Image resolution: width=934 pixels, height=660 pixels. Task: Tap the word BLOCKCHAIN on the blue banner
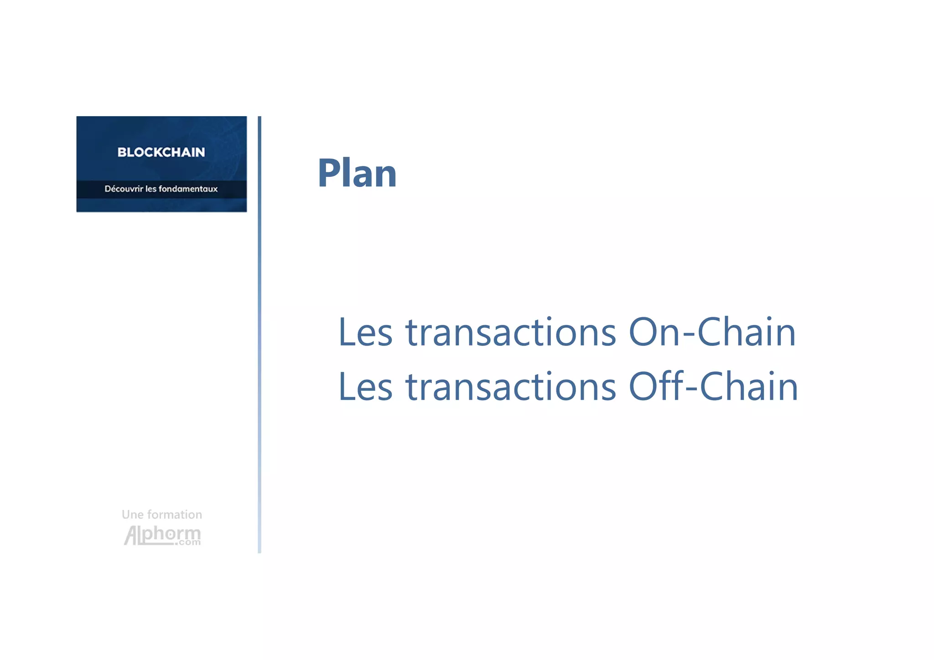coord(161,152)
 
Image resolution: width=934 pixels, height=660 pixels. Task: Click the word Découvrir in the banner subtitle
coord(124,189)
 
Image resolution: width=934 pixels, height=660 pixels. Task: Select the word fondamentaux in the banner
coord(188,189)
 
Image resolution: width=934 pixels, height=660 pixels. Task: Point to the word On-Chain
coord(712,332)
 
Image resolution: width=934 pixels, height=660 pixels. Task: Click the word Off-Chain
coord(713,387)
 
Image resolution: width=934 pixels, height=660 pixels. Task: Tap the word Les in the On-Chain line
coord(365,332)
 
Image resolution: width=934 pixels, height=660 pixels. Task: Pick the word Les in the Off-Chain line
coord(365,387)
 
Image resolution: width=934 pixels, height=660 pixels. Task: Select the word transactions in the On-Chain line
coord(511,332)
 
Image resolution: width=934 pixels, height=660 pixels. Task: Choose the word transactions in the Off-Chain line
coord(511,387)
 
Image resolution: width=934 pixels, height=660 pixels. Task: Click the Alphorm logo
coord(162,535)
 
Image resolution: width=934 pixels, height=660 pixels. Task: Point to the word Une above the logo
coord(133,515)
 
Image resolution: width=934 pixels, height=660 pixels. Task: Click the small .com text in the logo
coord(187,542)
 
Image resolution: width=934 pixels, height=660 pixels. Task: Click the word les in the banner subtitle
coord(150,189)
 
